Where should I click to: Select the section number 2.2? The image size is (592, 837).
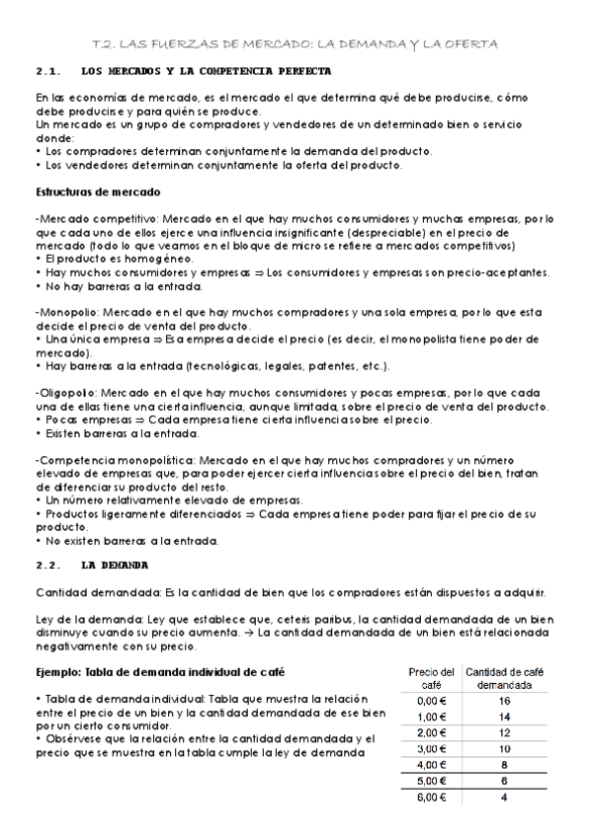click(x=49, y=565)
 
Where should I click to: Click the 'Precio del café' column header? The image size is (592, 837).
click(x=432, y=678)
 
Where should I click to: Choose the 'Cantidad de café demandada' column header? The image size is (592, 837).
click(x=504, y=678)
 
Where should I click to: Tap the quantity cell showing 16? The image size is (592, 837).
click(x=504, y=700)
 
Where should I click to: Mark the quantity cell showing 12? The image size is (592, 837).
click(x=504, y=732)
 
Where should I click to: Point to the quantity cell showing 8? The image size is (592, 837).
click(x=504, y=764)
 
